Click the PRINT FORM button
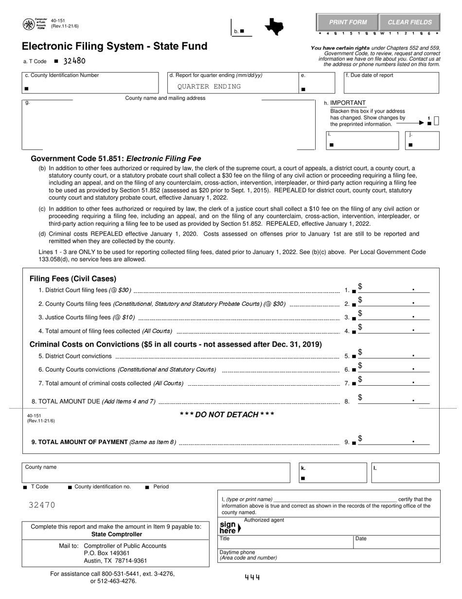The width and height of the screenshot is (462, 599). pos(348,22)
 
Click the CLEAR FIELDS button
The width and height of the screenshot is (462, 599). pos(409,22)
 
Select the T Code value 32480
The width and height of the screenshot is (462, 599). pos(74,61)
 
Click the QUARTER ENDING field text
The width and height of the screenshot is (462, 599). pos(209,87)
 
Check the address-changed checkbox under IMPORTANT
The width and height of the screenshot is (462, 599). pos(436,121)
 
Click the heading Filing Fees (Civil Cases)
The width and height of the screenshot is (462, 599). pos(73,279)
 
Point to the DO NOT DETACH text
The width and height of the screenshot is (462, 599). pos(227,414)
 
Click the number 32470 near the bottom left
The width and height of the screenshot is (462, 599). pos(42,505)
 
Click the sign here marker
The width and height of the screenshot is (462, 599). pos(229,528)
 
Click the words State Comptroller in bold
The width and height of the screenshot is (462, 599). pos(116,534)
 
